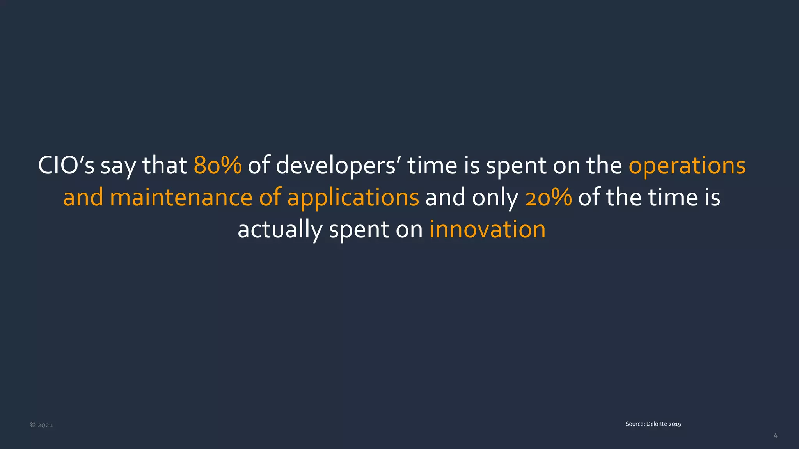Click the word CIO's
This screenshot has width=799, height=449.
coord(66,165)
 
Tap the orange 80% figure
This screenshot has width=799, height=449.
coord(218,165)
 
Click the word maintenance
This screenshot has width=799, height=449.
coord(181,197)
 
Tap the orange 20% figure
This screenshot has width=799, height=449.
coord(549,197)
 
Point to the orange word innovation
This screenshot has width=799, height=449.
coord(487,229)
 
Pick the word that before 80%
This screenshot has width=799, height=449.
coord(165,165)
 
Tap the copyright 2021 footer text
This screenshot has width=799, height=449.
coord(41,425)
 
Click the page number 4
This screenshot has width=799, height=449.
coord(775,436)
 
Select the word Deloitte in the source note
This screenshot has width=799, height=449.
coord(657,424)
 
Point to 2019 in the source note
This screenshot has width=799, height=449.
coord(675,424)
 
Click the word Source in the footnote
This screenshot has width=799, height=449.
coord(635,424)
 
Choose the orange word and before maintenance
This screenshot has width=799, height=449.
coord(83,197)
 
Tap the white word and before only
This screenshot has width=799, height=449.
coord(445,197)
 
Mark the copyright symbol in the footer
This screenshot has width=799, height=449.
coord(32,425)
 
